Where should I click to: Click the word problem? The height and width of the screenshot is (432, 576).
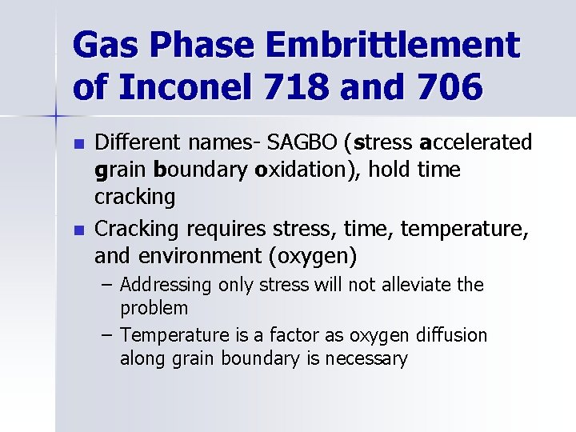[154, 308]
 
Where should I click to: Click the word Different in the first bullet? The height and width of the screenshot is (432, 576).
[139, 143]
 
